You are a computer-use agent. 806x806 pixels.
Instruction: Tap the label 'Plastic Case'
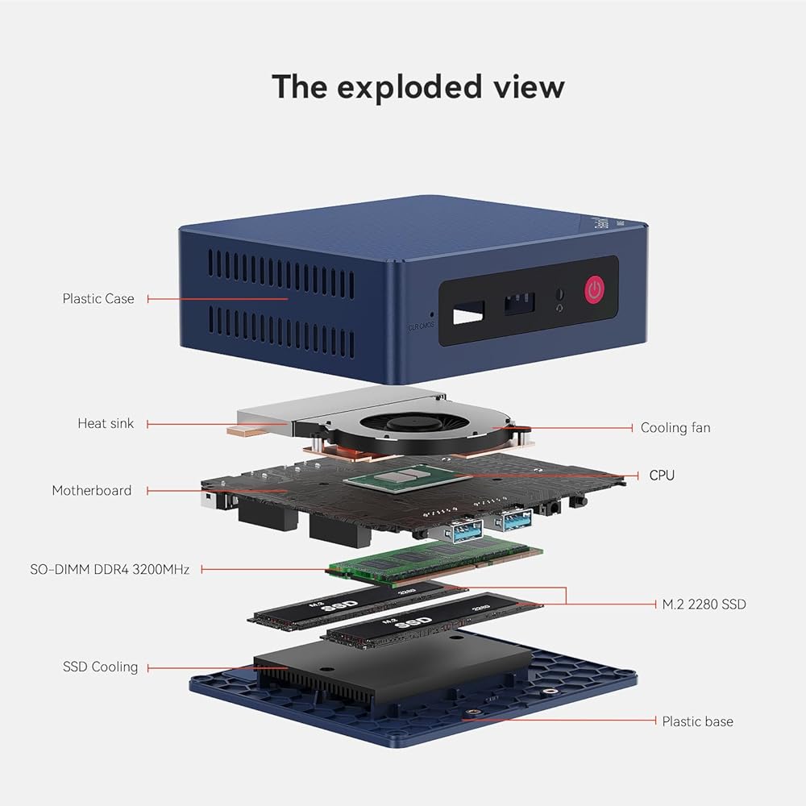pos(98,299)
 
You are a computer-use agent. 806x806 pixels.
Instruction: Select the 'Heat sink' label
pos(106,423)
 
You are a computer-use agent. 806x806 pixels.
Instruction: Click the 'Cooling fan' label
pos(675,428)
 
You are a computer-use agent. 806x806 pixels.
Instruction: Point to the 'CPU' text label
pos(662,476)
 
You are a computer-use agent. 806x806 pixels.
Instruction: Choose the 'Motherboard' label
pos(91,490)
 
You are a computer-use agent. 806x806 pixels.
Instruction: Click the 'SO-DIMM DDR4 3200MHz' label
pos(109,569)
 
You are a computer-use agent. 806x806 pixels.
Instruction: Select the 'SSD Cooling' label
pos(100,667)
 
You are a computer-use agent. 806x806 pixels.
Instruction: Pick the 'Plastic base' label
pos(697,721)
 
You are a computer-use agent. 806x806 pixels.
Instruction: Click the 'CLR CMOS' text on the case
pos(422,326)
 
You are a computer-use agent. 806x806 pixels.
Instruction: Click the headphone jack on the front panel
pos(560,294)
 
